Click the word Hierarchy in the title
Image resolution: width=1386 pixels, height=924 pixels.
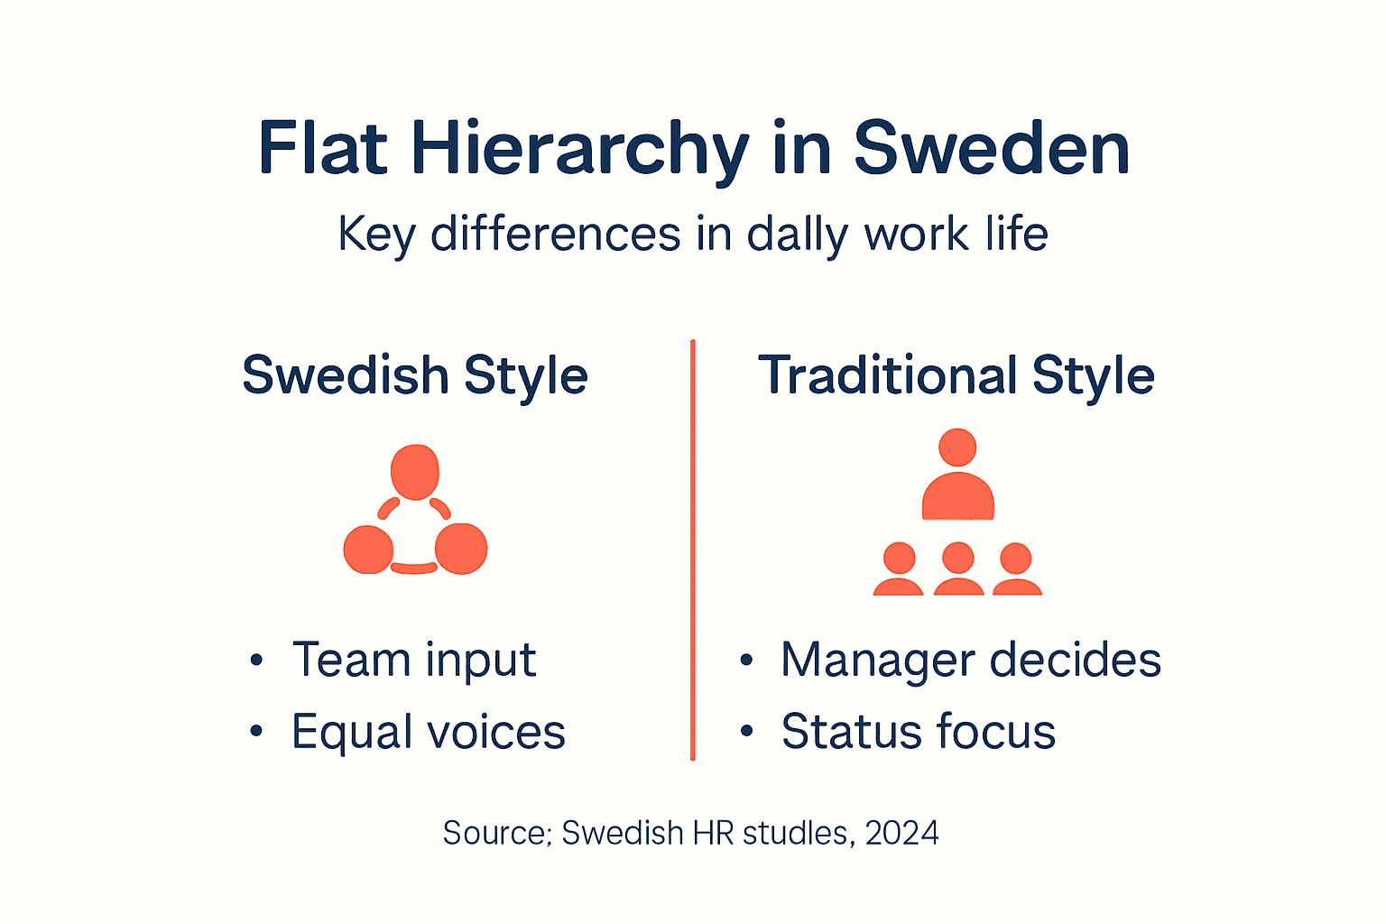(580, 149)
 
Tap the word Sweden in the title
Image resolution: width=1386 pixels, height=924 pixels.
(992, 149)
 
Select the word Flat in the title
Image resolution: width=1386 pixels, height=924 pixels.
(322, 149)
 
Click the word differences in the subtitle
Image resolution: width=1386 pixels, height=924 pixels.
(556, 235)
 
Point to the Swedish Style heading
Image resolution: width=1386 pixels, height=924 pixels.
(415, 375)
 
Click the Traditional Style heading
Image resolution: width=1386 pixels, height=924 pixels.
(956, 375)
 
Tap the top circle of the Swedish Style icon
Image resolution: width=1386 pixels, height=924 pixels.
(415, 471)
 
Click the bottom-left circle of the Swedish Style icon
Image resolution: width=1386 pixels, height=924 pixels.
(368, 549)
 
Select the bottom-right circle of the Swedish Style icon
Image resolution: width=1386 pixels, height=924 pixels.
(461, 549)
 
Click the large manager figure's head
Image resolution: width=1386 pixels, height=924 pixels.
(957, 448)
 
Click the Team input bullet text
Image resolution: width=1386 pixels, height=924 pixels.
(414, 660)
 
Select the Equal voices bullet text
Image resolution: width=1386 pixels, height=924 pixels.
(429, 732)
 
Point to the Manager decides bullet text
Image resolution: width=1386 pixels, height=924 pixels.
(971, 660)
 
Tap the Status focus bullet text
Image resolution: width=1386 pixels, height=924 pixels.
(919, 732)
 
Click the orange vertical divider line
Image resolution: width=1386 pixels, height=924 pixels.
(692, 550)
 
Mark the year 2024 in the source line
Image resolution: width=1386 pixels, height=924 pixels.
(901, 832)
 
